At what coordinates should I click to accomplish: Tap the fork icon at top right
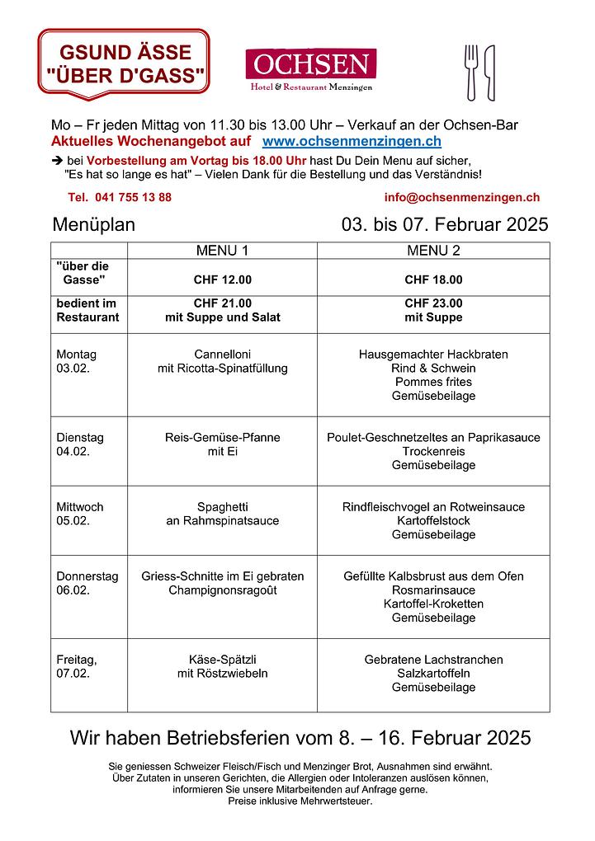pyautogui.click(x=471, y=72)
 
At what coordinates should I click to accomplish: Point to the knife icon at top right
pyautogui.click(x=489, y=72)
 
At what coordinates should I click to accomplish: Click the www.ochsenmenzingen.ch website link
pyautogui.click(x=352, y=142)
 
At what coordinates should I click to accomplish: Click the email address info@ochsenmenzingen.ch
pyautogui.click(x=461, y=197)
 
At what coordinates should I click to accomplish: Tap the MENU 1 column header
pyautogui.click(x=222, y=251)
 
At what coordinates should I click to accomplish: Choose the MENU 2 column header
pyautogui.click(x=433, y=251)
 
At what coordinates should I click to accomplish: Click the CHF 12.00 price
pyautogui.click(x=222, y=280)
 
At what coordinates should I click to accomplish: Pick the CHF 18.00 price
pyautogui.click(x=433, y=280)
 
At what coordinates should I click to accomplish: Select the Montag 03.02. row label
pyautogui.click(x=76, y=361)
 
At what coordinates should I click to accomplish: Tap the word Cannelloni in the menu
pyautogui.click(x=222, y=355)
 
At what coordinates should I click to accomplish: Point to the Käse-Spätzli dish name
pyautogui.click(x=222, y=660)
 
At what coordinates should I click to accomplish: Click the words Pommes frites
pyautogui.click(x=433, y=382)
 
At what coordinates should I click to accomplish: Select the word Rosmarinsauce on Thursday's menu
pyautogui.click(x=433, y=590)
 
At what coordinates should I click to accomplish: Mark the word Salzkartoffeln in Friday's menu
pyautogui.click(x=433, y=674)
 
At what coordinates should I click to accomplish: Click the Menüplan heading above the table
pyautogui.click(x=93, y=225)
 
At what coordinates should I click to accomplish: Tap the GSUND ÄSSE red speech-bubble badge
pyautogui.click(x=124, y=63)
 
